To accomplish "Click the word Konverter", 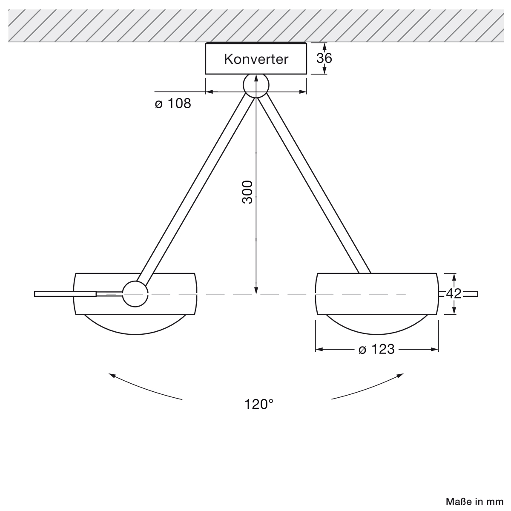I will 256,59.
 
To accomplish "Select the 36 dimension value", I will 324,58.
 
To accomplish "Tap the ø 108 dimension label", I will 173,103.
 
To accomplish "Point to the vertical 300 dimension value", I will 248,192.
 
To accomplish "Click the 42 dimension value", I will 454,293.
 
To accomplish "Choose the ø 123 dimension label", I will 376,350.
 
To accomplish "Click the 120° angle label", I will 258,404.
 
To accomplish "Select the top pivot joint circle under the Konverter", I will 256,86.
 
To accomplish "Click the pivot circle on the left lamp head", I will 135,294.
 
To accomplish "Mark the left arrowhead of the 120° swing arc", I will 112,374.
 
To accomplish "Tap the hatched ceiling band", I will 255,26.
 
